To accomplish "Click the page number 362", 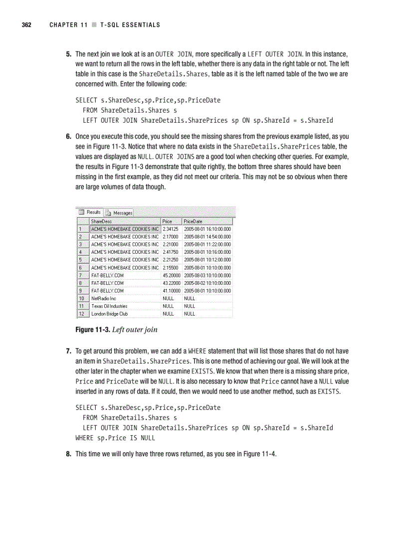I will pyautogui.click(x=25, y=25).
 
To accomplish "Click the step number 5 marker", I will pyautogui.click(x=69, y=53).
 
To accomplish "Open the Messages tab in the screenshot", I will pyautogui.click(x=119, y=212).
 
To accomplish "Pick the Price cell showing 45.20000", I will pyautogui.click(x=171, y=275).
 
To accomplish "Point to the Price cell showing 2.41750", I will pyautogui.click(x=171, y=252).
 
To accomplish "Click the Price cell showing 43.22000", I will pyautogui.click(x=171, y=283).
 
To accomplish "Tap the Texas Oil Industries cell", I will pyautogui.click(x=109, y=306).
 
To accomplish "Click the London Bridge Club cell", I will pyautogui.click(x=109, y=314).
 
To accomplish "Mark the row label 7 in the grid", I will pyautogui.click(x=81, y=275).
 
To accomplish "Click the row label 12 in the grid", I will pyautogui.click(x=81, y=314).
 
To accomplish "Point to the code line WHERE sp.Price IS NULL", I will pyautogui.click(x=115, y=438).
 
